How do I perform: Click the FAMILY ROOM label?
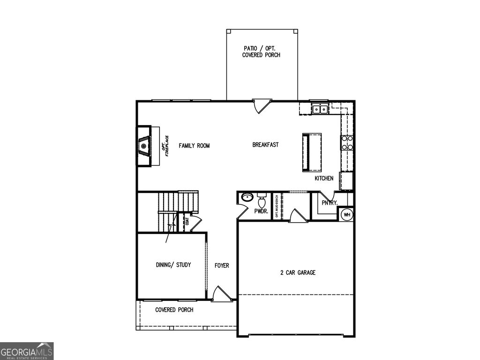pyautogui.click(x=194, y=146)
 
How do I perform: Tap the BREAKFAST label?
pyautogui.click(x=265, y=145)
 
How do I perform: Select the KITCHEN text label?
pyautogui.click(x=324, y=179)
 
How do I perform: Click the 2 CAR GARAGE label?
pyautogui.click(x=297, y=272)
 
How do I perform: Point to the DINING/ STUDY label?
pyautogui.click(x=173, y=265)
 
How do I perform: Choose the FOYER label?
pyautogui.click(x=222, y=266)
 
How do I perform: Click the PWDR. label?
pyautogui.click(x=261, y=211)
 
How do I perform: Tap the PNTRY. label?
pyautogui.click(x=330, y=203)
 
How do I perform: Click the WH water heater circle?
pyautogui.click(x=347, y=215)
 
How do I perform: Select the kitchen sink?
pyautogui.click(x=320, y=109)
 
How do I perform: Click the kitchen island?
pyautogui.click(x=312, y=152)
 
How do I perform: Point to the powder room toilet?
pyautogui.click(x=262, y=201)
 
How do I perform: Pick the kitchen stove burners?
pyautogui.click(x=347, y=142)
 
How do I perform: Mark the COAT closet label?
pyautogui.click(x=187, y=221)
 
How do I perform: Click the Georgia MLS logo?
pyautogui.click(x=27, y=351)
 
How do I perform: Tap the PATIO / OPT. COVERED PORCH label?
pyautogui.click(x=261, y=52)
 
